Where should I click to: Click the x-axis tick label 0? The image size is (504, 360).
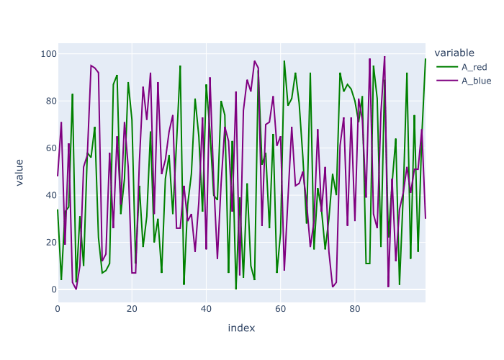[x=58, y=309]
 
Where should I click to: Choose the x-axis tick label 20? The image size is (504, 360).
[x=132, y=309]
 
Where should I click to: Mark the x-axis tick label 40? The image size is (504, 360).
[x=206, y=309]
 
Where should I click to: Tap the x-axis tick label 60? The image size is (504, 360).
[x=280, y=309]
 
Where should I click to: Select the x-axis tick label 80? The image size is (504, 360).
[x=354, y=309]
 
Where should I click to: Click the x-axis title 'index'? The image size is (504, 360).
[x=241, y=328]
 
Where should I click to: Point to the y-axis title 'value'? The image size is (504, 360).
[x=19, y=173]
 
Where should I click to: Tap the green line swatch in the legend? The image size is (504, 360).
[x=447, y=67]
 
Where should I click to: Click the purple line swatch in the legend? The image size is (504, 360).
[x=447, y=81]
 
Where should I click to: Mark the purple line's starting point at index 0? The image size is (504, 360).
[x=58, y=176]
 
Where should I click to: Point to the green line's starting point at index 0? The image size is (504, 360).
[x=58, y=210]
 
